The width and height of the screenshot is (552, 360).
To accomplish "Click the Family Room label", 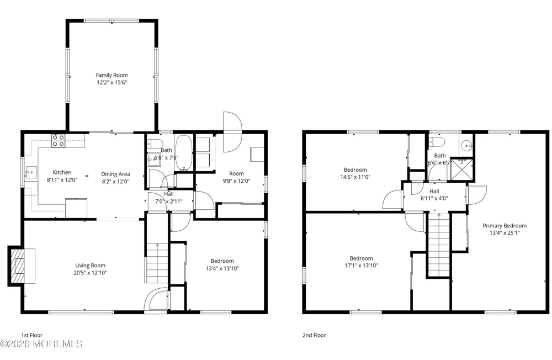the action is click(x=112, y=75).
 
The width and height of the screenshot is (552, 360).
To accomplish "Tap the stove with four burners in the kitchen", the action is click(x=59, y=141).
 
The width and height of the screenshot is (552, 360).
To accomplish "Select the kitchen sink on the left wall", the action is click(x=31, y=173).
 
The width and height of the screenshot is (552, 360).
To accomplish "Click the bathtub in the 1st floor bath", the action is click(x=184, y=153).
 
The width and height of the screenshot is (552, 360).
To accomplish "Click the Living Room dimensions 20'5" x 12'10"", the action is click(x=90, y=273).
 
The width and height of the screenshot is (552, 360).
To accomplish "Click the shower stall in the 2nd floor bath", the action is click(x=463, y=170).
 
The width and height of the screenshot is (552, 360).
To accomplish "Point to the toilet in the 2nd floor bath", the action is click(x=437, y=142).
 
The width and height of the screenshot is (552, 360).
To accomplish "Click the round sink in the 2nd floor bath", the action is click(x=468, y=145).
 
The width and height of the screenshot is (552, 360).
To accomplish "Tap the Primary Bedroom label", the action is click(x=505, y=226).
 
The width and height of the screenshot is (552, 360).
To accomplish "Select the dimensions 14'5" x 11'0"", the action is click(x=355, y=177).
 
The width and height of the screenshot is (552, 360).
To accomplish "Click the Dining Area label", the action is click(x=115, y=174).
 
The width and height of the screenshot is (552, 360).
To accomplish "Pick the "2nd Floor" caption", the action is click(x=314, y=335).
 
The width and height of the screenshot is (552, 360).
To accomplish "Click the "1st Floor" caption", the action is click(x=31, y=335).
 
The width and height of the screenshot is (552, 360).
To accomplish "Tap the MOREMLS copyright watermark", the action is click(x=41, y=344).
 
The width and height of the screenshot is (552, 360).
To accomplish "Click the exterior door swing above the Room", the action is click(x=233, y=132).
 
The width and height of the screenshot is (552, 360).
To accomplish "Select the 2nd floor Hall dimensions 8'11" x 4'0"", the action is click(x=434, y=198).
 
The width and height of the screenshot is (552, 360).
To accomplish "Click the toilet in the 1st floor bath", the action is click(x=155, y=144).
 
